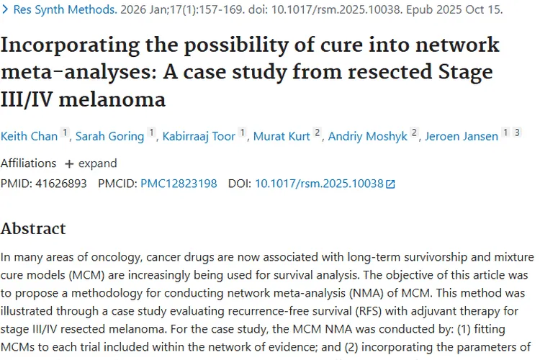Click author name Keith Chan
[28, 136]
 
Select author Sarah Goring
[109, 136]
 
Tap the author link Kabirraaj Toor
[199, 136]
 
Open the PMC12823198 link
[179, 184]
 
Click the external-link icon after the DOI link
[391, 184]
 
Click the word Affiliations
[29, 163]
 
